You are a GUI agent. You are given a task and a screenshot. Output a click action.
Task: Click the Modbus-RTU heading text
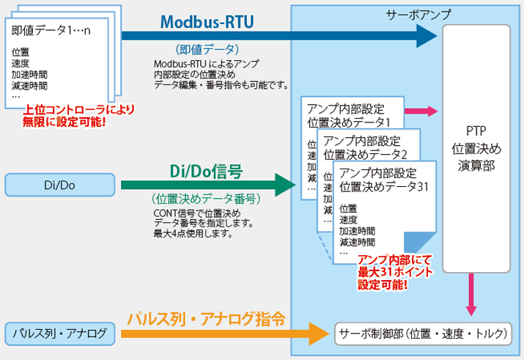pos(207,22)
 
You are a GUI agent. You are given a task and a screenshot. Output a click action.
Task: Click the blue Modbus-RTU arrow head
pos(427,36)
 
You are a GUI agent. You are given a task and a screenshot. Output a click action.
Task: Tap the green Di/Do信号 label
pos(206,171)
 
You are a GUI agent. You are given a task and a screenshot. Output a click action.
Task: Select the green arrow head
pos(285,185)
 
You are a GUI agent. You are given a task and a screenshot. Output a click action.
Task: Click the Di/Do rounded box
pos(60,185)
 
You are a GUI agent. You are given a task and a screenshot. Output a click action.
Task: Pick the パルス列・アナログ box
pos(60,334)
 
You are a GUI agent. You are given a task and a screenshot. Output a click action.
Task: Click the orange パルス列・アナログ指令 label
pos(206,318)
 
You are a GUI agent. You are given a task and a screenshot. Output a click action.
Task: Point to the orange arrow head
pos(319,334)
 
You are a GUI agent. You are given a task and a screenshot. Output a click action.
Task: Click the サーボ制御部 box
pos(423,334)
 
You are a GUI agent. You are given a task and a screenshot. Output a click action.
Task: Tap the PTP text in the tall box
pos(476,131)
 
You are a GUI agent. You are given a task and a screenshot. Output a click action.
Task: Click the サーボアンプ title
pos(418,15)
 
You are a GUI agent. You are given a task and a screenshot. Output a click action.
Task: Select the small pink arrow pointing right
pos(421,111)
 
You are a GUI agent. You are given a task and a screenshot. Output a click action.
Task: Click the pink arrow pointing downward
pos(471,295)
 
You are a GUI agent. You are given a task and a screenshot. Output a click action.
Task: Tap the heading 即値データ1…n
pos(51,30)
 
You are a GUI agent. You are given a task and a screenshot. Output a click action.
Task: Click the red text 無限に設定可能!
pos(64,122)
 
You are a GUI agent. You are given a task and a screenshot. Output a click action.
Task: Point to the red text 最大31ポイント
pos(395,272)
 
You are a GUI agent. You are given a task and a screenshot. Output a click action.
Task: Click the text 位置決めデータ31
pos(383,187)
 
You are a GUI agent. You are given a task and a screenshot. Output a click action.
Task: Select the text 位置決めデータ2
pos(365,155)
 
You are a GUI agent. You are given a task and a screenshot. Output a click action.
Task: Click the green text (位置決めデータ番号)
pos(206,199)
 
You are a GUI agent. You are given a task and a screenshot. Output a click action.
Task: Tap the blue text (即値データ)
pos(207,49)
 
